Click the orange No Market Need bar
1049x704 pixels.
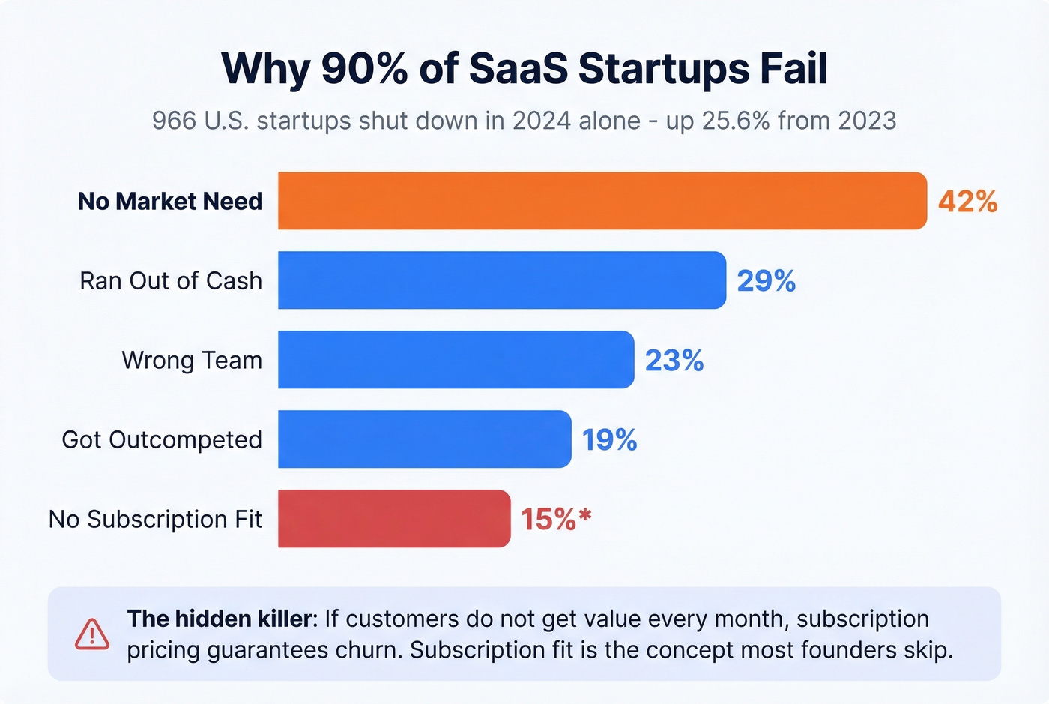click(602, 201)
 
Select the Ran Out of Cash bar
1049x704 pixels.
click(501, 280)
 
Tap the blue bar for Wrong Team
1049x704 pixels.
click(456, 360)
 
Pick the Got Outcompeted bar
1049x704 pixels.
click(424, 439)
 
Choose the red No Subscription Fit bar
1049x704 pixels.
click(393, 519)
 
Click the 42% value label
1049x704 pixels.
click(967, 202)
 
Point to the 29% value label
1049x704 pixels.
click(766, 281)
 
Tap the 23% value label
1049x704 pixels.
click(674, 361)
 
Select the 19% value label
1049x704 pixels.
click(609, 440)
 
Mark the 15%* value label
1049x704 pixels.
click(556, 519)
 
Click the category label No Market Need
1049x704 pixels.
click(170, 202)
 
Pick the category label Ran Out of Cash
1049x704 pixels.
click(171, 281)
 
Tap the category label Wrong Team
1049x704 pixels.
click(192, 361)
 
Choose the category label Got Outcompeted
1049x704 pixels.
click(162, 440)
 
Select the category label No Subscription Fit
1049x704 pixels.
click(155, 520)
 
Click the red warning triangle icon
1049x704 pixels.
click(92, 635)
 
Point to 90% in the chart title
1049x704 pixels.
click(364, 69)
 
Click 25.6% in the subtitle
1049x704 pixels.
click(736, 121)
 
